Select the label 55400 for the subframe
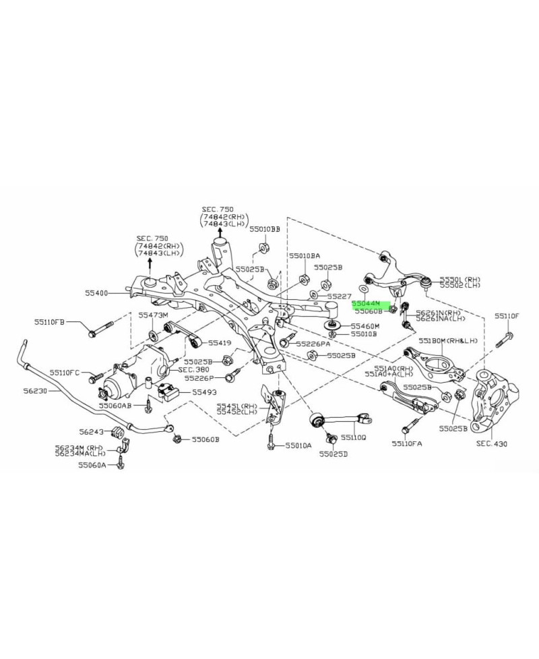(x=98, y=293)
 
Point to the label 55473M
(x=153, y=315)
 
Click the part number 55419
(x=220, y=343)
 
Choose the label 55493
(x=204, y=391)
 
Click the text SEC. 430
(x=492, y=444)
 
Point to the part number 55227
(x=340, y=296)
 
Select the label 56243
(x=92, y=432)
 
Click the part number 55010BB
(x=264, y=230)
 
